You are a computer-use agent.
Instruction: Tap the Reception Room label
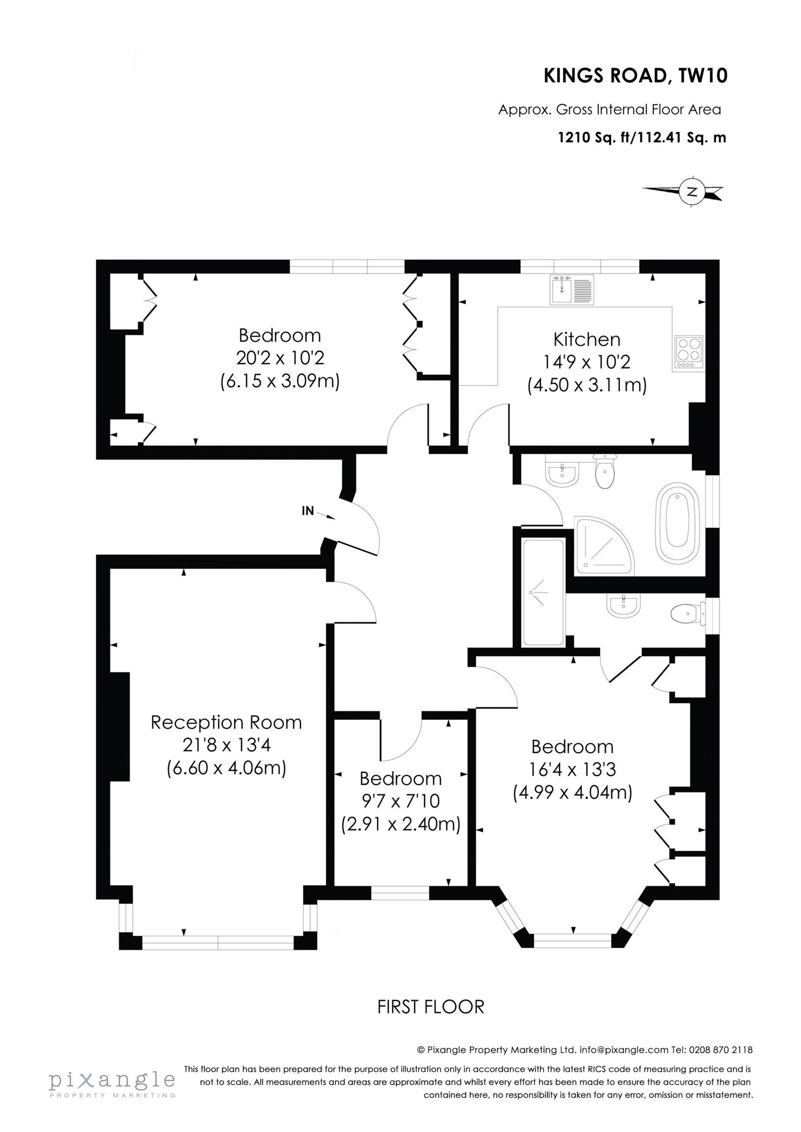[x=226, y=723]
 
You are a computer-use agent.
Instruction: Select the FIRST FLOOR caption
[x=430, y=1007]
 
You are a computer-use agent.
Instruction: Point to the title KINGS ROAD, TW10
[x=635, y=76]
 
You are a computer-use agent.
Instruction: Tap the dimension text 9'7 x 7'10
[x=401, y=801]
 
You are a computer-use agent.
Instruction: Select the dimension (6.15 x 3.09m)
[x=280, y=381]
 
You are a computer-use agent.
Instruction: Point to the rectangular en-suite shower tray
[x=543, y=592]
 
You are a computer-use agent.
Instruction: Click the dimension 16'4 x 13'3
[x=572, y=770]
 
